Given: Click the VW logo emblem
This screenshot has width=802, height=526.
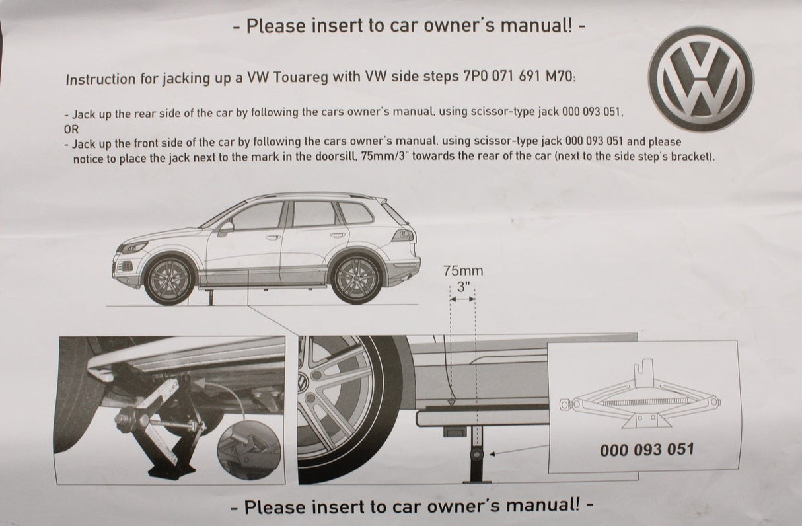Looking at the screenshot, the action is coord(701,79).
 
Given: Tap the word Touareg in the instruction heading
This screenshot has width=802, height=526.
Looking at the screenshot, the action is coord(301,77).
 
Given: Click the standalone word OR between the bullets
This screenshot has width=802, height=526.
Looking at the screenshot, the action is coord(71,129).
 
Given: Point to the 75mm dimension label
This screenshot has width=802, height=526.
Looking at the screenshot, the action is coord(463,271).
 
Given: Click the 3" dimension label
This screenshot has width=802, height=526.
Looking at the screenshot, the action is coord(463,287).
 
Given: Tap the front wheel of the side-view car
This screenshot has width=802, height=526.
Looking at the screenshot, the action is coord(169,280).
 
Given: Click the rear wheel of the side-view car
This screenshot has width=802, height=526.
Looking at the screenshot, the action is coord(356,279).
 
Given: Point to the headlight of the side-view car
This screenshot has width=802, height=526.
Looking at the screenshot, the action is coord(134,247).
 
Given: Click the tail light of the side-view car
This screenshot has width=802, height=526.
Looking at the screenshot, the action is coord(403,235).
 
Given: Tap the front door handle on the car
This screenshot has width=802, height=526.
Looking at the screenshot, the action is coord(273,237).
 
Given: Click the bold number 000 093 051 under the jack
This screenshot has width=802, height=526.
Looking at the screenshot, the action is coord(647,450).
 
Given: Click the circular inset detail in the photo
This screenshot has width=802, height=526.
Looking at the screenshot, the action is coord(249,450).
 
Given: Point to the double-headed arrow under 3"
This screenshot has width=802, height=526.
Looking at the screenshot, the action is coord(462,299).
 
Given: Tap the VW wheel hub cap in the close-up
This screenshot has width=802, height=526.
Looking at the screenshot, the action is coord(303,383).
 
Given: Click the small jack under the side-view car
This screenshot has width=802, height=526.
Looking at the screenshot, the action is coord(211,297).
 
